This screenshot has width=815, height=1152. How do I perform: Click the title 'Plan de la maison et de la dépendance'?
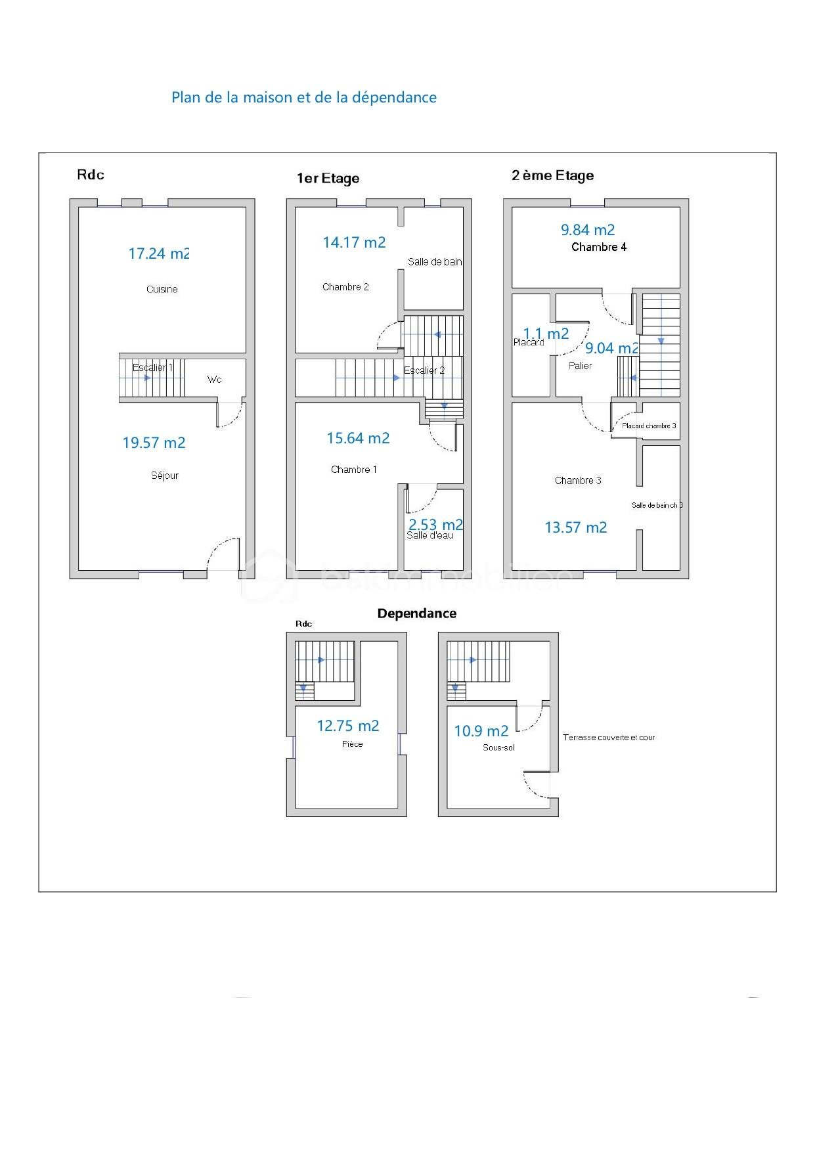coord(303,97)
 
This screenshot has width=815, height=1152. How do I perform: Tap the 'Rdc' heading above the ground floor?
coord(91,175)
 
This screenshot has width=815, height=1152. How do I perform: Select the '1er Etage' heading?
coord(328,179)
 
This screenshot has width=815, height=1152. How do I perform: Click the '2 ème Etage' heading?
coord(552,175)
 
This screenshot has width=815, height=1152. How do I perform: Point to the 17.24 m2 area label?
coord(158,254)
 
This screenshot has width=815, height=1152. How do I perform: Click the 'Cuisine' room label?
coord(162,289)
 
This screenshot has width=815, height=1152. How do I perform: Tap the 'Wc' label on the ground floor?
coord(214,380)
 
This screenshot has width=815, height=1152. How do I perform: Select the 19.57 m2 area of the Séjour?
coord(154,443)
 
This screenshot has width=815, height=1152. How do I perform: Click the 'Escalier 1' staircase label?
coord(152,368)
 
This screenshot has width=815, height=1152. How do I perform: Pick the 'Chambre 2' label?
coord(345,287)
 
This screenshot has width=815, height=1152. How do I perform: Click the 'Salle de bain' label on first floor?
coord(434,262)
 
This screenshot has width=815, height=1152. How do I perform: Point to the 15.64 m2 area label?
coord(358,438)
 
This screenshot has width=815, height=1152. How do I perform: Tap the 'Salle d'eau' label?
coord(430,535)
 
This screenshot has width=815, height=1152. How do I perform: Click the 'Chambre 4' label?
coord(598,247)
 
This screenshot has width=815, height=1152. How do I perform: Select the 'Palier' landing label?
coord(580,366)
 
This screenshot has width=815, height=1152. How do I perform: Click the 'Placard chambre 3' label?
coord(649,426)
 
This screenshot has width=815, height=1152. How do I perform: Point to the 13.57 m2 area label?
coord(575,527)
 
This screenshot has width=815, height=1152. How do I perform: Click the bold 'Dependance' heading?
coord(416,613)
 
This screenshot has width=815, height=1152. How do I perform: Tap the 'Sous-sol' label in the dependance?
coord(498,747)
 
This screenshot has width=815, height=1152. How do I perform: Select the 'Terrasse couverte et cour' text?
coord(608,738)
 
